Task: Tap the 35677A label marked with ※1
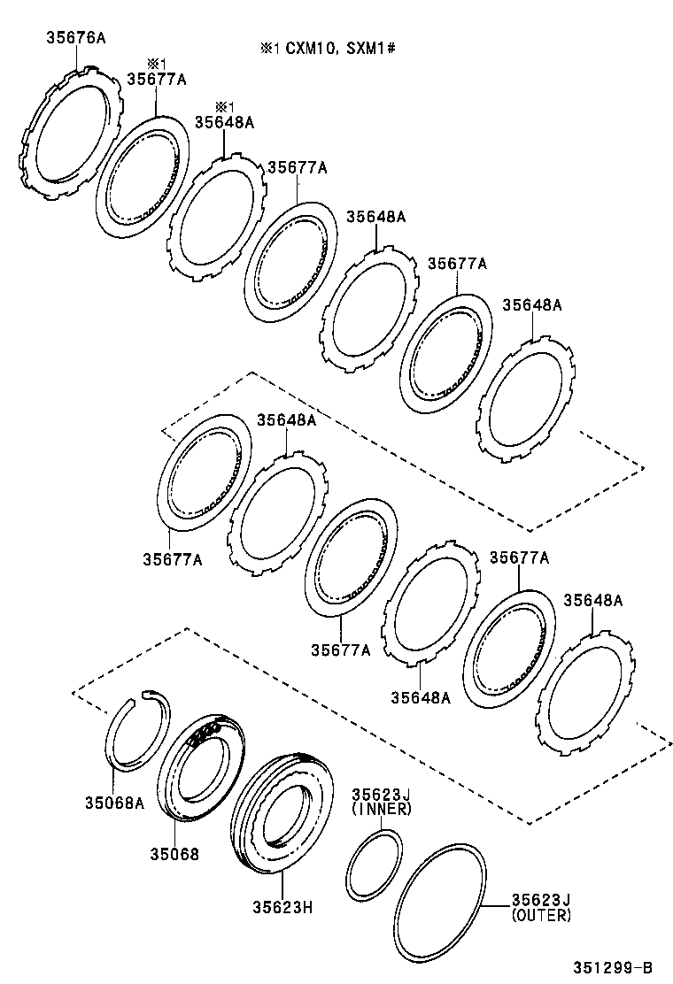pos(156,80)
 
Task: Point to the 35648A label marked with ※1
pos(224,123)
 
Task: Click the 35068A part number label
pos(113,803)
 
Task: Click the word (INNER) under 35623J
pos(381,809)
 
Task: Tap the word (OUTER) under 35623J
pos(541,915)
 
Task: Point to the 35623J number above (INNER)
pos(381,795)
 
